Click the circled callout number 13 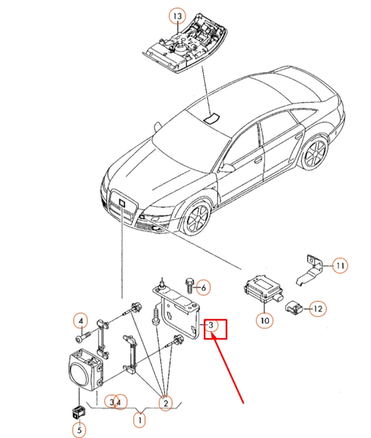(177, 16)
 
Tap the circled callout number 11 (340, 265)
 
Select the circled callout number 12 (318, 309)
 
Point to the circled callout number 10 (265, 320)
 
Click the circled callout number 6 (203, 287)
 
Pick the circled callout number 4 (81, 321)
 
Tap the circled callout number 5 (79, 430)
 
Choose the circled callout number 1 (140, 420)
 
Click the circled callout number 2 (166, 403)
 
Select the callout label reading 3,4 (116, 402)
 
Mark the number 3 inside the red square (211, 325)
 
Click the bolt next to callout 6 (189, 285)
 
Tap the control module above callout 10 (261, 289)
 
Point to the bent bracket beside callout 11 (310, 270)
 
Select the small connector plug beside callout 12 (294, 307)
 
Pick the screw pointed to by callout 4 (84, 336)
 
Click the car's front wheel (197, 217)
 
